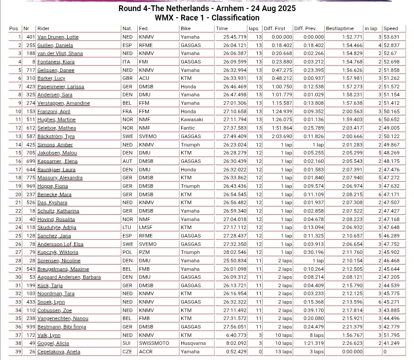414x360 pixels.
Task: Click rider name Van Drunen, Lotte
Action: [x=58, y=37]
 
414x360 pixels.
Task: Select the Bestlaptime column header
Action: [x=340, y=28]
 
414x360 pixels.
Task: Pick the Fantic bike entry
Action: [x=188, y=128]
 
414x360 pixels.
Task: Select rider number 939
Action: [x=30, y=327]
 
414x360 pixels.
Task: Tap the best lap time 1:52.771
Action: [x=352, y=37]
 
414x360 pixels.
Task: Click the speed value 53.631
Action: [x=391, y=37]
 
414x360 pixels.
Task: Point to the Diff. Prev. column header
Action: [x=305, y=28]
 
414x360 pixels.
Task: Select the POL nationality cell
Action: [x=127, y=252]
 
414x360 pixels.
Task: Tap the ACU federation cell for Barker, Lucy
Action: [x=144, y=78]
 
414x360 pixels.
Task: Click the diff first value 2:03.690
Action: [x=282, y=136]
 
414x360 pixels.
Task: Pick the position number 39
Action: [x=18, y=352]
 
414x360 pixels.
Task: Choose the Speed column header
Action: [x=391, y=28]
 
